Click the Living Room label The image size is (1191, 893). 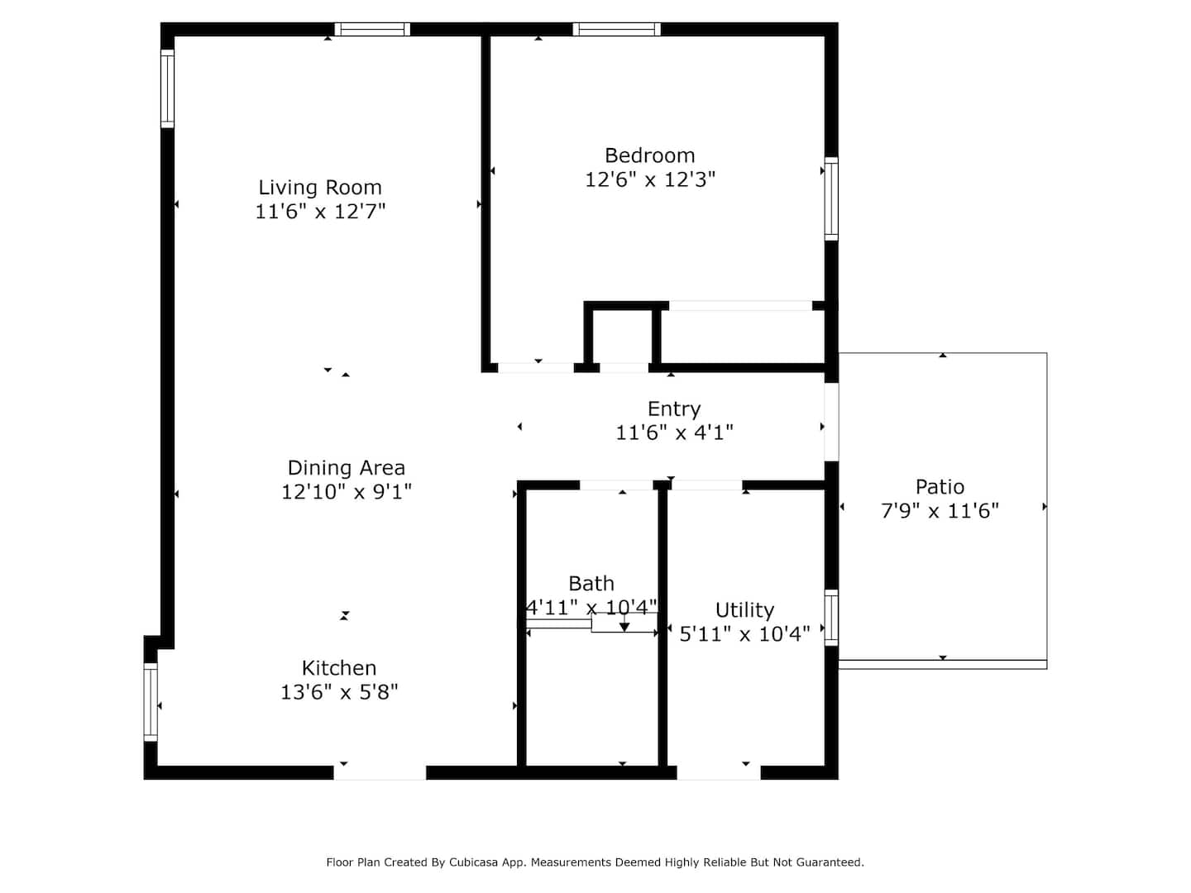point(319,188)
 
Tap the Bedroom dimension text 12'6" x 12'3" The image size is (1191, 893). point(649,179)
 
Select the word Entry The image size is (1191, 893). point(674,409)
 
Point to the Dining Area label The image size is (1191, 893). point(347,468)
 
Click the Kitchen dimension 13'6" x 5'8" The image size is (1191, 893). point(338,692)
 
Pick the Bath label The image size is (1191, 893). point(591,584)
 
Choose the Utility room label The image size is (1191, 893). point(744,610)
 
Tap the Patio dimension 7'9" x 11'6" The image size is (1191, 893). point(940,511)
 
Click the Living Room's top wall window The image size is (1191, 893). point(371,29)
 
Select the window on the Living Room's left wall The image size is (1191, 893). point(167,89)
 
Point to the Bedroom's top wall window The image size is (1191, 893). point(616,29)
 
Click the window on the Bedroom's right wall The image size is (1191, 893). point(830,198)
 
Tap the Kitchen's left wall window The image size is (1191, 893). point(151,702)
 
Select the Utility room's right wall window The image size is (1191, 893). point(830,618)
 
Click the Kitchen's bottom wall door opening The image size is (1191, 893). point(380,773)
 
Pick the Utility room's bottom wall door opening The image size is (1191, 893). point(719,773)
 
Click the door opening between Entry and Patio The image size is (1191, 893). point(831,423)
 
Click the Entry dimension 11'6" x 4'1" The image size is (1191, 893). point(674,432)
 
